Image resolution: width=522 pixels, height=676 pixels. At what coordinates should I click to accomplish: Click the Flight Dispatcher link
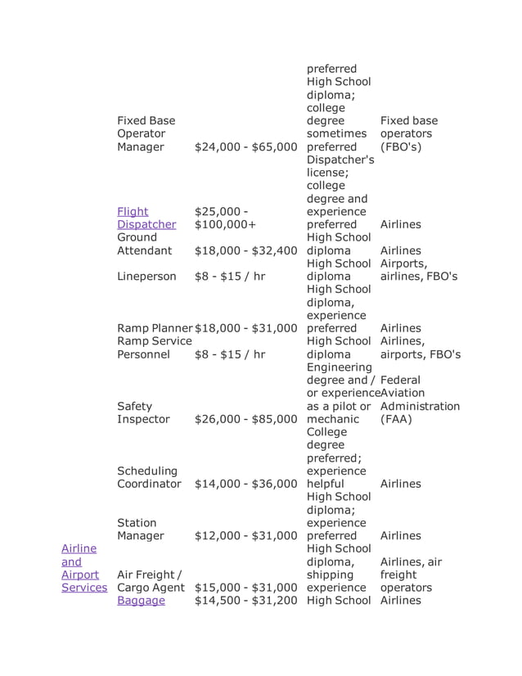point(146,218)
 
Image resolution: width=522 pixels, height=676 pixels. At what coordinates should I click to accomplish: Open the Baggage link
point(141,601)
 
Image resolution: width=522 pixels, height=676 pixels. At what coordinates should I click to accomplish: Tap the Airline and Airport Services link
point(83,568)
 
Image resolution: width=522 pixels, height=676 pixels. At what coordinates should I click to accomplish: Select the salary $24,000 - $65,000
point(246,147)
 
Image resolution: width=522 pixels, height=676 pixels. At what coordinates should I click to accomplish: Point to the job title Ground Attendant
point(145,244)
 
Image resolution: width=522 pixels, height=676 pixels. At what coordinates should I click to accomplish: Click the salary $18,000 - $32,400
point(246,250)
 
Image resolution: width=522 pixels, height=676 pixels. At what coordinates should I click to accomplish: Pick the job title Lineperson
point(146,277)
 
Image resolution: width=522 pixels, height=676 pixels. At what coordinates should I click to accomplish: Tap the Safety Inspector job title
point(143,412)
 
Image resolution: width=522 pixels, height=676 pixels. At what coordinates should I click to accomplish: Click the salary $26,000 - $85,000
point(246,419)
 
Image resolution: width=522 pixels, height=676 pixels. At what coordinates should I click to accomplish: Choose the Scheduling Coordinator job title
point(149,477)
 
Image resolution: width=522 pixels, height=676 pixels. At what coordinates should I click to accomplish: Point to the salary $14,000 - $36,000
point(246,484)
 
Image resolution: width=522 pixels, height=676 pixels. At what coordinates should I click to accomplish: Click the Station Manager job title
point(141,529)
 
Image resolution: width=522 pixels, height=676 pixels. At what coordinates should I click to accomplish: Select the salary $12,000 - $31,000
point(246,535)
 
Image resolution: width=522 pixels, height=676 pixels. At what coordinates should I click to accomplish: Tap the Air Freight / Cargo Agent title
point(152,581)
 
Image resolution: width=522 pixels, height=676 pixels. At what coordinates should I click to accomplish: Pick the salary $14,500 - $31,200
point(246,601)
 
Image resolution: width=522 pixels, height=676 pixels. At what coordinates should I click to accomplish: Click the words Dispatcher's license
point(340,166)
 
